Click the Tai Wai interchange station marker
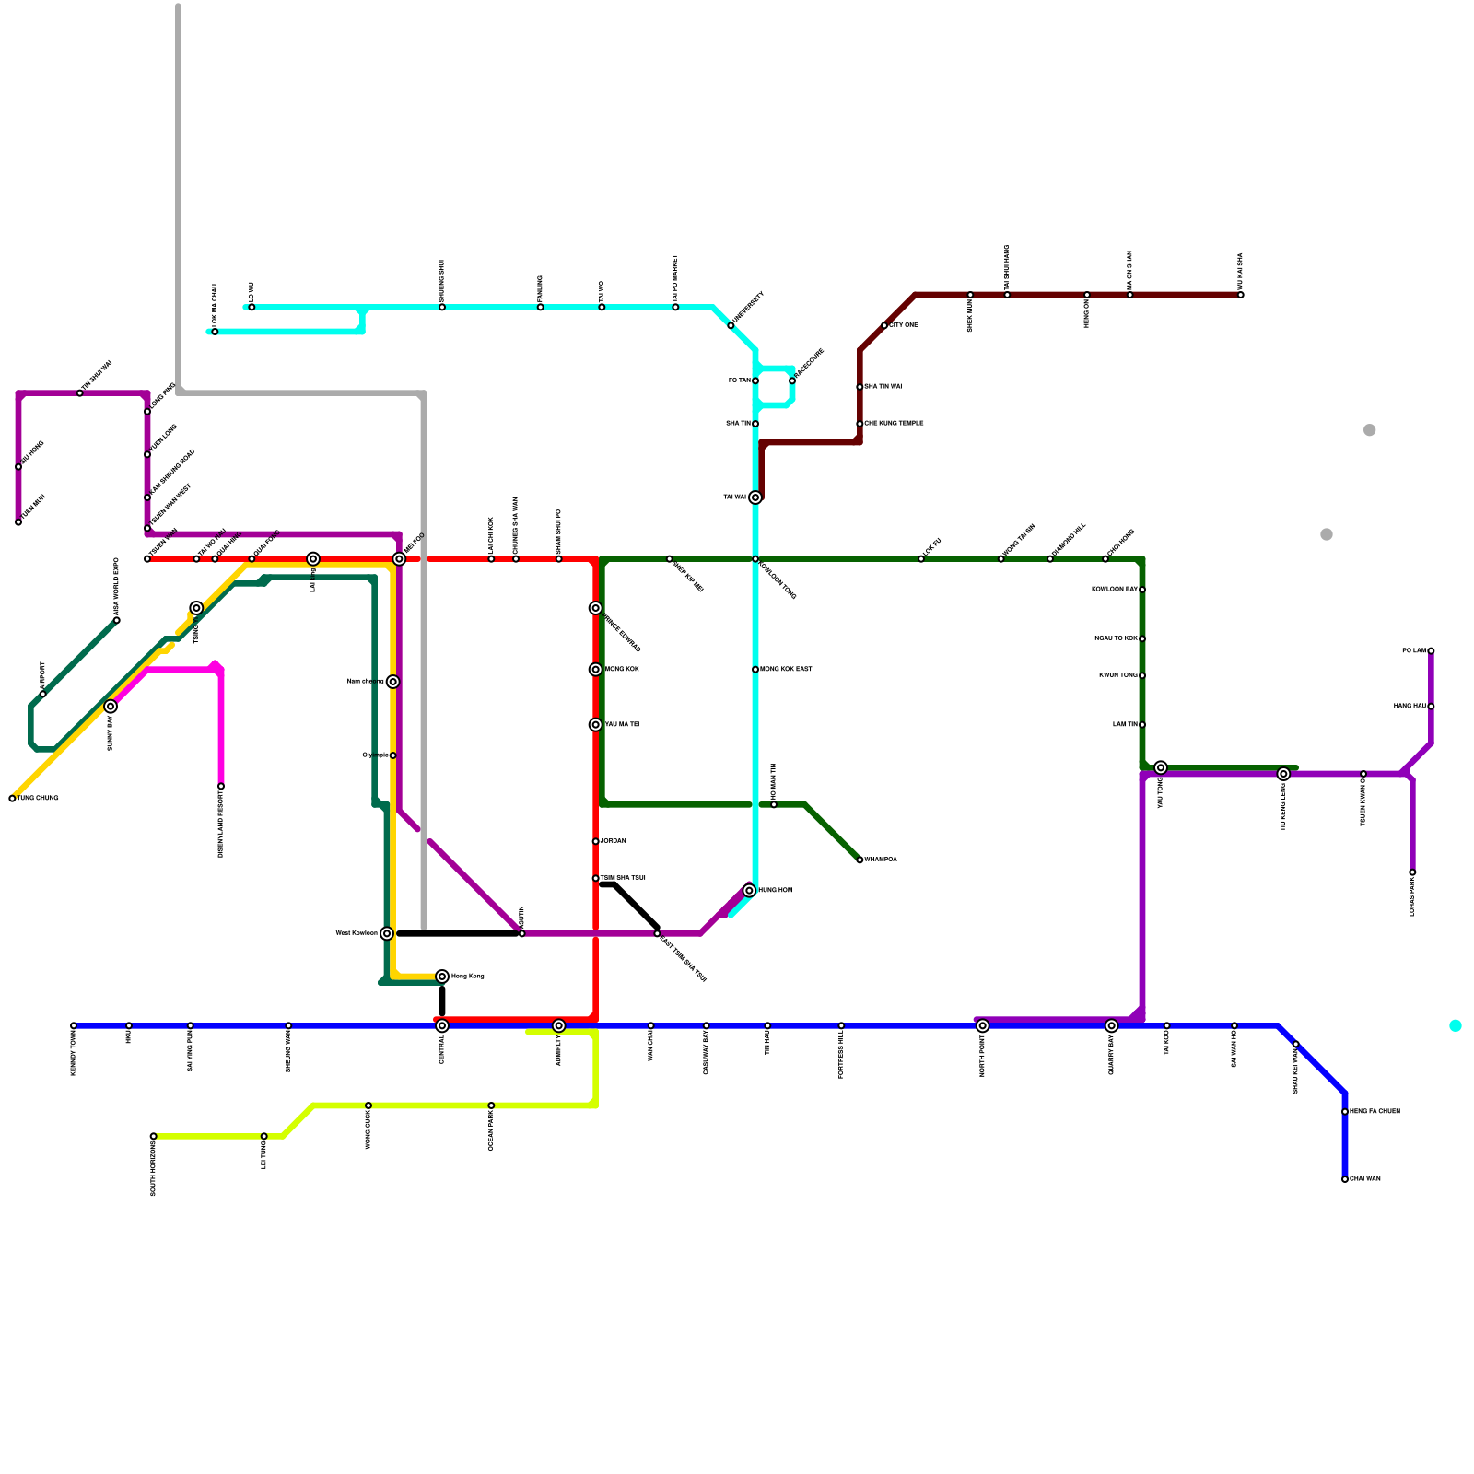pos(755,497)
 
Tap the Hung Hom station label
pos(775,891)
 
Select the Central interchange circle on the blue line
pos(442,1025)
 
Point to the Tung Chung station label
pos(38,798)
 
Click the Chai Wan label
pos(1365,1179)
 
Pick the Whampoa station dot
pos(860,860)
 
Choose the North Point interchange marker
pos(983,1025)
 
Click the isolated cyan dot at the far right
pos(1456,1025)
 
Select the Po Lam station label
pos(1414,651)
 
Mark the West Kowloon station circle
pos(387,933)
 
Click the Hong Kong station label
pos(467,977)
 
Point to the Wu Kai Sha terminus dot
pos(1241,295)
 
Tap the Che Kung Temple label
pos(894,424)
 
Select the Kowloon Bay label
pos(1114,590)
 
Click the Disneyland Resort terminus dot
pos(221,786)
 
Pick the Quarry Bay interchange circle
pos(1112,1025)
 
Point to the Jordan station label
pos(614,841)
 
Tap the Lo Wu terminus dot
pos(252,307)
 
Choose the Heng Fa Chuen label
pos(1375,1112)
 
